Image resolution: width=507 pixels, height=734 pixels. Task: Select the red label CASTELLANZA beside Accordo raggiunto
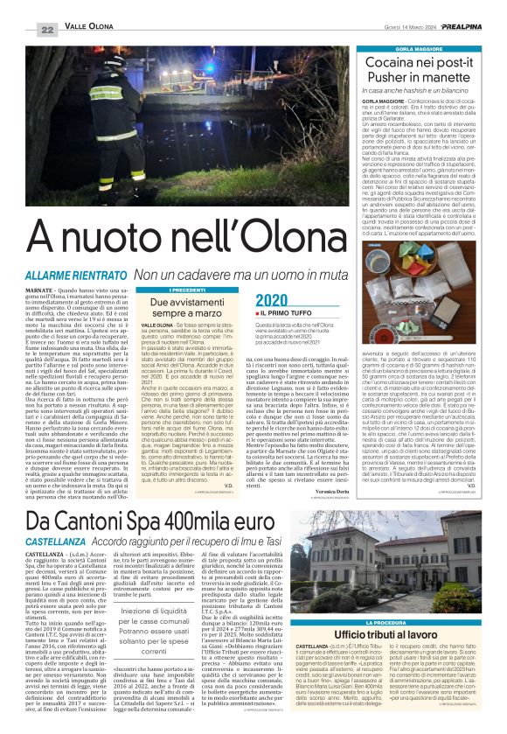click(55, 519)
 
